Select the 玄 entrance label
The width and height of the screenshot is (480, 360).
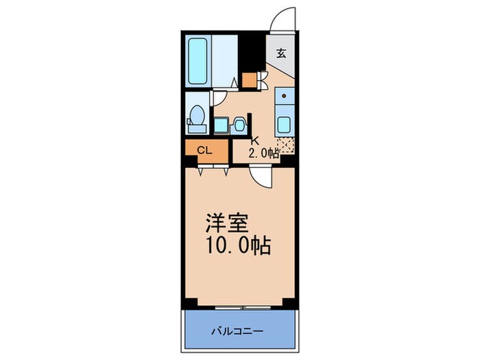[x=281, y=53]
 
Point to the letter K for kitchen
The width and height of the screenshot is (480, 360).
[x=253, y=142]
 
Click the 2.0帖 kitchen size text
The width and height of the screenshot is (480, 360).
[x=263, y=154]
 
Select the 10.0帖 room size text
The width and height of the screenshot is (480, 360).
[x=238, y=245]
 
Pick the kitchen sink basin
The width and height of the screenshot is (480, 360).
[x=285, y=125]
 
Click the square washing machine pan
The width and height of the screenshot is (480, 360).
[x=221, y=125]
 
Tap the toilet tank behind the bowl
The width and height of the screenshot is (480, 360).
[x=193, y=126]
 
